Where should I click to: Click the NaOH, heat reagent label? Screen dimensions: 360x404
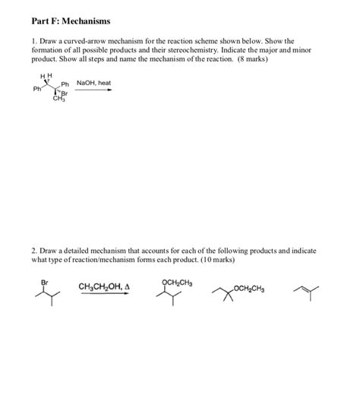[x=93, y=82]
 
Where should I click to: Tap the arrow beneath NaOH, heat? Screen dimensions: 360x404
[x=93, y=90]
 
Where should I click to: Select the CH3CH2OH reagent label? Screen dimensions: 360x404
[x=105, y=286]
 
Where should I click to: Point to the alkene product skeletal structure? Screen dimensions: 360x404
[x=306, y=289]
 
